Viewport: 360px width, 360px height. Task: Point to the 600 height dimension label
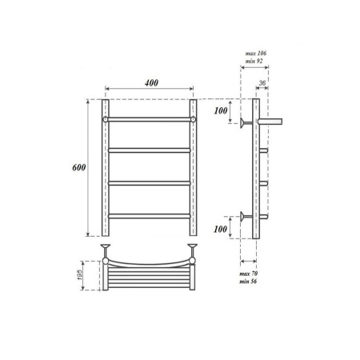78,168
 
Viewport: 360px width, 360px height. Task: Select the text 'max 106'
255,53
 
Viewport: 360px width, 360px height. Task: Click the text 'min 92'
255,62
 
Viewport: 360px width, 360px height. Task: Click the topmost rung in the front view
150,119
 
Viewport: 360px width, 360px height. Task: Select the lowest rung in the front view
150,215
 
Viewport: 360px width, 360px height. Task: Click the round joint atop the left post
105,119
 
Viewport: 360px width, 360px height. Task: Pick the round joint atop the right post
194,119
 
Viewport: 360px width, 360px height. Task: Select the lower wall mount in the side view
242,216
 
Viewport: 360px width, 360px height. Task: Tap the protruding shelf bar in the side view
273,121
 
